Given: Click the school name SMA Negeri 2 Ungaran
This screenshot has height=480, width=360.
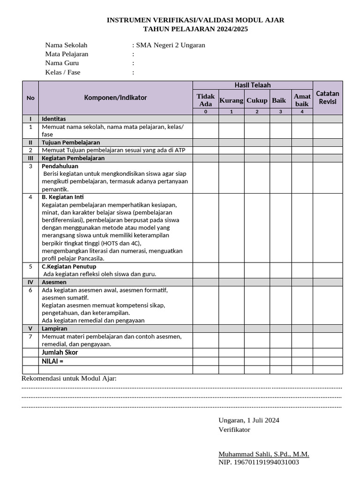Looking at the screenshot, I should pos(170,45).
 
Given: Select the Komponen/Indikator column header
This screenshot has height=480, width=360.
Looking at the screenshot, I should pos(115,98).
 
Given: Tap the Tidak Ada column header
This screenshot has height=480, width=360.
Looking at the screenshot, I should pos(206,100).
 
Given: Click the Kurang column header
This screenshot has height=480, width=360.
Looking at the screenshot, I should pos(231,100).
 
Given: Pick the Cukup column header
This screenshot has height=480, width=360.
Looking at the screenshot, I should pos(257,100).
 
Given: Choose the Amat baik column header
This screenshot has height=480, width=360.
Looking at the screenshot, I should pos(302,100).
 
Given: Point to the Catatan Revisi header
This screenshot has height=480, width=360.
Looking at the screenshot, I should pos(328,97).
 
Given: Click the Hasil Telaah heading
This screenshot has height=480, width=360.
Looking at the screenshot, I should pos(253,85).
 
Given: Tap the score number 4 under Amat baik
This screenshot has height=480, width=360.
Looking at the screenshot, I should pos(302,112).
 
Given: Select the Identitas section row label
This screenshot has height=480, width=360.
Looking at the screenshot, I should pos(54,119).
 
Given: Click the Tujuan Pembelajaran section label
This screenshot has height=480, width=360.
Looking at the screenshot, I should pos(71,142).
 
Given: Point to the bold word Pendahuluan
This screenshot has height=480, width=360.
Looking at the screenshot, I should pos(60,166).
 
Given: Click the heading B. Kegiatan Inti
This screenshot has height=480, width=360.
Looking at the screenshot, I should pos(63,197).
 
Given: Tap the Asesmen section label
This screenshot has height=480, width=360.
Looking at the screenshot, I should pos(54,282).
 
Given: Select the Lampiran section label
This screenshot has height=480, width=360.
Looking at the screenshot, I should pos(54,329).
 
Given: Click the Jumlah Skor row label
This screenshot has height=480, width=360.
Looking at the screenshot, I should pos(60,352).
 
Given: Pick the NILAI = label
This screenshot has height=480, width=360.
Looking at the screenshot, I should pos(52,361).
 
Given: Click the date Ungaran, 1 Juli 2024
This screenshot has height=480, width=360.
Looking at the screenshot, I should pos(249,420).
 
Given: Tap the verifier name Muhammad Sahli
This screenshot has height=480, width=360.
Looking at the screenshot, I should pos(263,454).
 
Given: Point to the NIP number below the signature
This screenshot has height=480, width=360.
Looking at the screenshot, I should pos(259,462).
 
